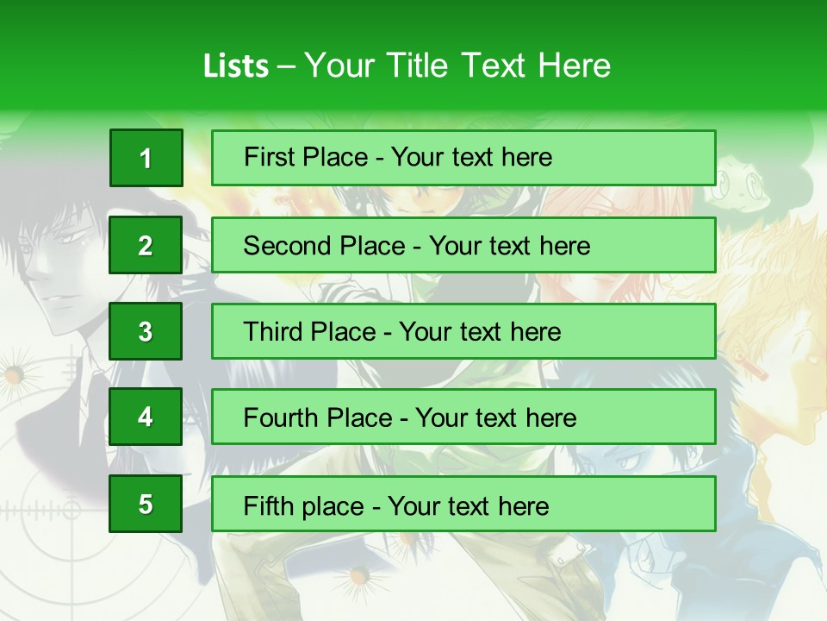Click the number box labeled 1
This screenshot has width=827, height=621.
(x=146, y=158)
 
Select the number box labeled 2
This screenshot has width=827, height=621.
(x=146, y=245)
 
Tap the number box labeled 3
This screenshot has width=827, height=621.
(x=146, y=331)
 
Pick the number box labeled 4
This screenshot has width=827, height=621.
(x=146, y=417)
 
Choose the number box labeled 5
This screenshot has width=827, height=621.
(x=146, y=504)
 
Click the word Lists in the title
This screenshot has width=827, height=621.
(x=236, y=66)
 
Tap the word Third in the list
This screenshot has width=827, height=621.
(x=275, y=332)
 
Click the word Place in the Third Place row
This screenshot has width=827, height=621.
(x=345, y=332)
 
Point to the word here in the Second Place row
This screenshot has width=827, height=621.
(x=564, y=246)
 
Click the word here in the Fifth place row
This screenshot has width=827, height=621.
(x=523, y=505)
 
